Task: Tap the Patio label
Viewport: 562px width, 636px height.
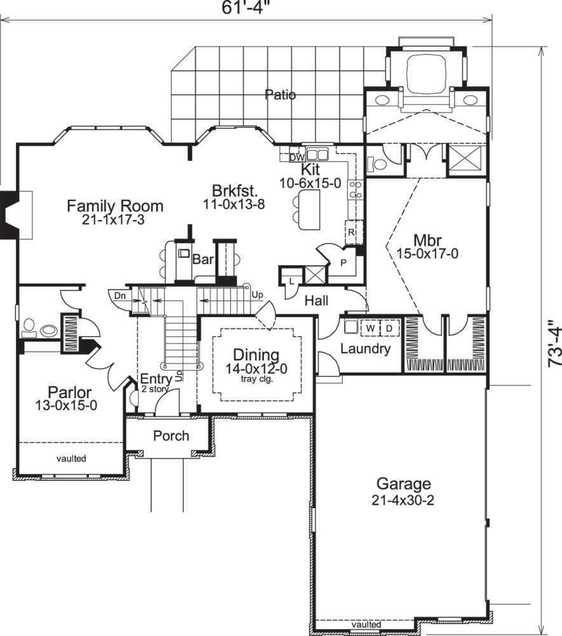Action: click(280, 95)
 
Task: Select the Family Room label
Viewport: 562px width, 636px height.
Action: click(115, 206)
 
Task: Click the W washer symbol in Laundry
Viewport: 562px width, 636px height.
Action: click(369, 328)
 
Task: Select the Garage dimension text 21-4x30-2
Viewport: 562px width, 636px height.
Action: click(403, 500)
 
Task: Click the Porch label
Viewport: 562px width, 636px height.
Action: click(171, 436)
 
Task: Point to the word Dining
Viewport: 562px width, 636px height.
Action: click(256, 355)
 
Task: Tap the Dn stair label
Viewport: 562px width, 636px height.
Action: click(120, 295)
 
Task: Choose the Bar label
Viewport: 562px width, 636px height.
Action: click(203, 260)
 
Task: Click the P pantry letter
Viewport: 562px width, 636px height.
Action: click(344, 261)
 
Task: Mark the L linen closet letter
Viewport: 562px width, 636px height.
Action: click(291, 280)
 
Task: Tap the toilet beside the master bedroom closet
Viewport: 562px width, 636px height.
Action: click(380, 163)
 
